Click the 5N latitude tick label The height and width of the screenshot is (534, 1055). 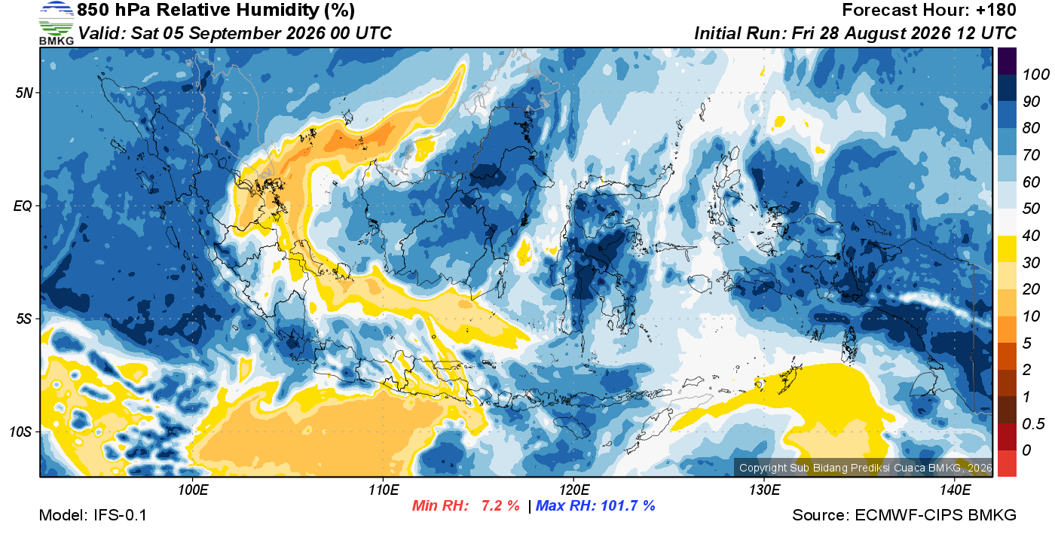click(x=24, y=93)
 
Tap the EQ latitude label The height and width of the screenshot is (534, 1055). click(x=23, y=206)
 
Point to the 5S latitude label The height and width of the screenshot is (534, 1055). click(x=24, y=319)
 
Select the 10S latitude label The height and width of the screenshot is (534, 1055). click(x=21, y=432)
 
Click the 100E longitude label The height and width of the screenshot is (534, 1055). click(x=193, y=490)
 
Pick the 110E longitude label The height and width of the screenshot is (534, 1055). click(x=384, y=490)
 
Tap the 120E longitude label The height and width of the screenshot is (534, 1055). click(x=574, y=490)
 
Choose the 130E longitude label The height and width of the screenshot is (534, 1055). click(x=764, y=490)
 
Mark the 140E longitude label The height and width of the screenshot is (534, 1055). click(x=956, y=490)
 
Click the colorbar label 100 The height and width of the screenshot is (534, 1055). click(x=1035, y=75)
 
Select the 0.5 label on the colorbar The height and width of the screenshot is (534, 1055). click(x=1033, y=424)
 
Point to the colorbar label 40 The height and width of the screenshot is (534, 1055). click(x=1031, y=236)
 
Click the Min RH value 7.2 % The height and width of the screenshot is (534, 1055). click(x=500, y=505)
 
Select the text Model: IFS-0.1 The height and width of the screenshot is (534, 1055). click(x=93, y=515)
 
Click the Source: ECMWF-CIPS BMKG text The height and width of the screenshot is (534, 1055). click(x=904, y=515)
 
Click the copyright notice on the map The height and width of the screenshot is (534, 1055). click(x=865, y=468)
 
